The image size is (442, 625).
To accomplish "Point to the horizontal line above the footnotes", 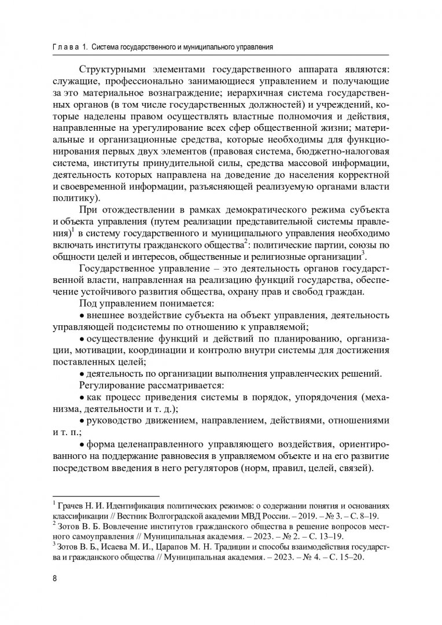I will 106,496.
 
